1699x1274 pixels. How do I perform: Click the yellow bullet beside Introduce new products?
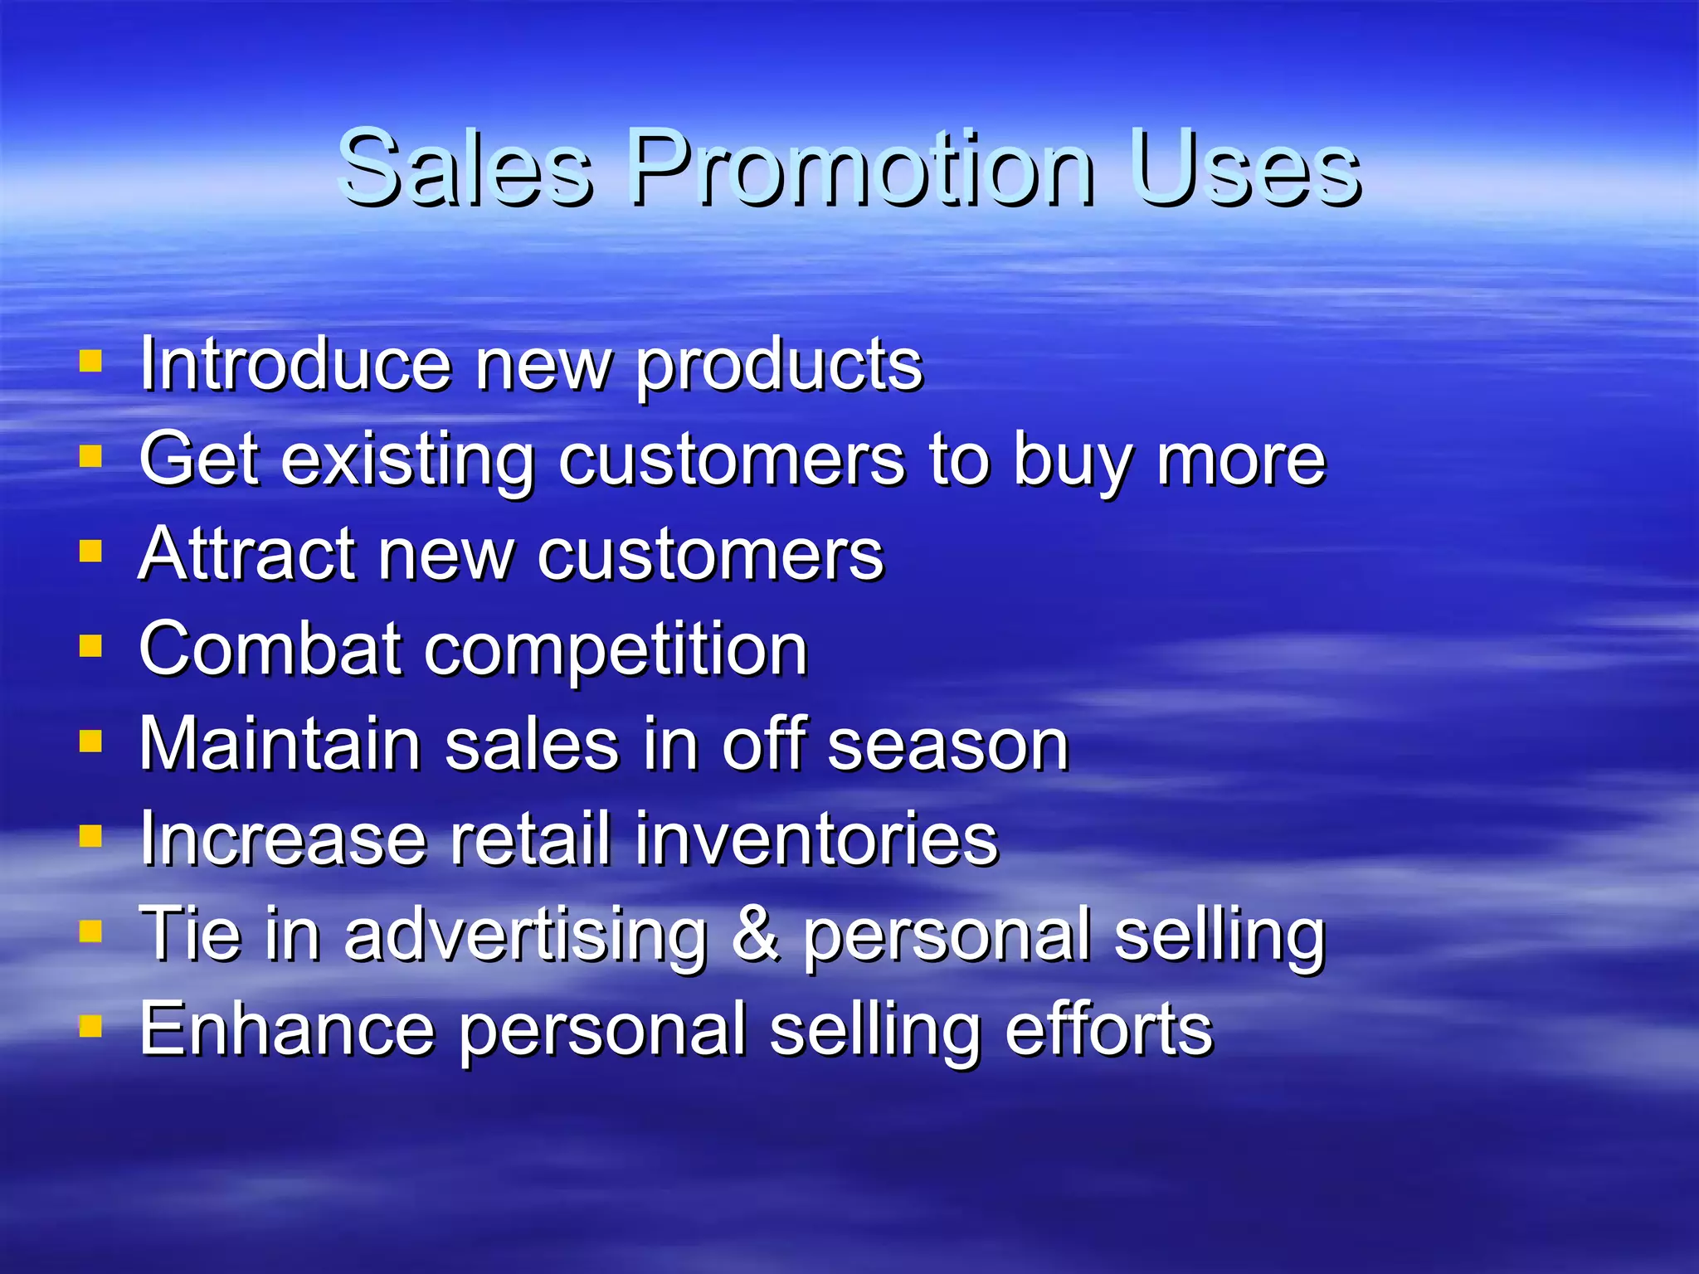pyautogui.click(x=90, y=362)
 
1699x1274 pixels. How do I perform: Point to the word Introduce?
pyautogui.click(x=295, y=365)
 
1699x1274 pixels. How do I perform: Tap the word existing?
pyautogui.click(x=408, y=461)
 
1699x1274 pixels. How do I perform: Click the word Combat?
pyautogui.click(x=270, y=649)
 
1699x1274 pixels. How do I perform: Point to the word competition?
pyautogui.click(x=616, y=651)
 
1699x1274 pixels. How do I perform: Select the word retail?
pyautogui.click(x=531, y=839)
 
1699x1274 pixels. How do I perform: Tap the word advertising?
pyautogui.click(x=526, y=936)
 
